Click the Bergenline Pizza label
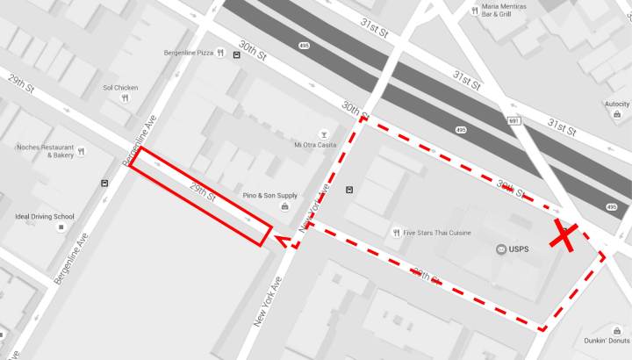188,54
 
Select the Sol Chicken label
120,88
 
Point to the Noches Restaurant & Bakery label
46,151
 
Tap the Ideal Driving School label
45,216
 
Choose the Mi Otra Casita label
315,145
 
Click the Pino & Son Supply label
269,195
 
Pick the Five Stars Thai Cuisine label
438,233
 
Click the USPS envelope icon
501,249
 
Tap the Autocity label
617,104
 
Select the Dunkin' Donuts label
607,341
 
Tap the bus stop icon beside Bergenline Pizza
237,54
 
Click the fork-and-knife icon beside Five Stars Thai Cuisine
397,233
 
